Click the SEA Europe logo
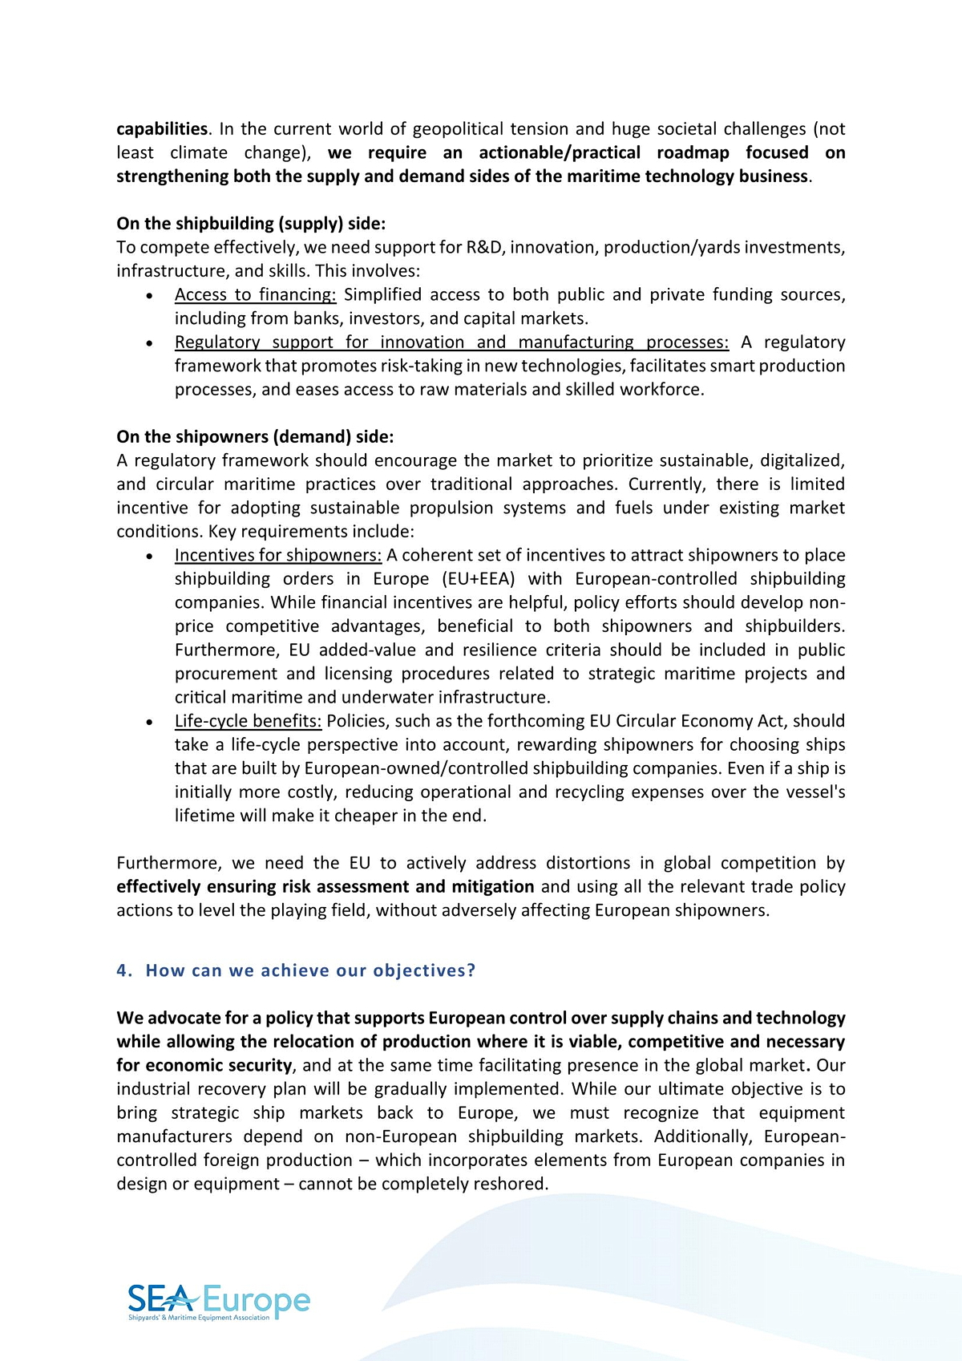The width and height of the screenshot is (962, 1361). coord(218,1302)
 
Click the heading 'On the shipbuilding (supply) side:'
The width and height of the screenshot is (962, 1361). coord(251,224)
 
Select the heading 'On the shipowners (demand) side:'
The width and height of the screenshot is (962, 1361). coord(255,437)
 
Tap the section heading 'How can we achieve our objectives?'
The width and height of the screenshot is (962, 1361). coord(310,970)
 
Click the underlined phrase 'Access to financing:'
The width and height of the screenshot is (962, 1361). coord(255,295)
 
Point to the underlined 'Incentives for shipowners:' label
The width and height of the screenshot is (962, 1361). coord(278,555)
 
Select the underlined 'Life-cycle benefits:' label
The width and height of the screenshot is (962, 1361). coord(248,721)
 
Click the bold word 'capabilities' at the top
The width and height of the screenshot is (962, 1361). coord(162,129)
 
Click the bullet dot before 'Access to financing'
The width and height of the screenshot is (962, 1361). coord(150,296)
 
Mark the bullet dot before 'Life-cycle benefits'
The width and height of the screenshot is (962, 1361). coord(150,722)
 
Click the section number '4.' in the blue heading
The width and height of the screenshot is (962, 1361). coord(124,970)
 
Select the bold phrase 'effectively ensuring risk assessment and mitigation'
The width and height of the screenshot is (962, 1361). coord(325,887)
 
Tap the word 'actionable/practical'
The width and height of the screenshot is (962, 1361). coord(560,153)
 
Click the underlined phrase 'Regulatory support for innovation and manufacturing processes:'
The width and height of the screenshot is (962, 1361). coord(451,342)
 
